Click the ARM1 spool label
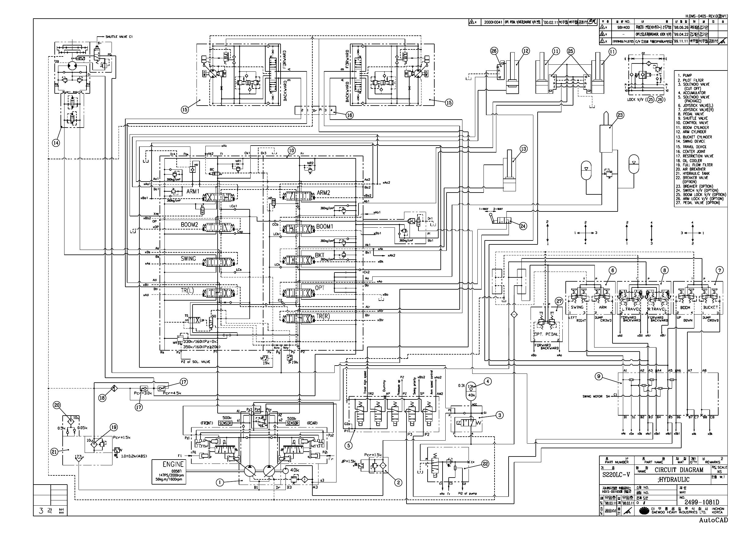(193, 191)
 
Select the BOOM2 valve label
(189, 225)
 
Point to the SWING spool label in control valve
(188, 258)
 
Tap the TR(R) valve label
(323, 316)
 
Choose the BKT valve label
(320, 255)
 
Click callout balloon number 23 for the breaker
(620, 115)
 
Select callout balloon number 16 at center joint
(350, 115)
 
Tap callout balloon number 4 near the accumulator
(487, 381)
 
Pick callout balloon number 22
(485, 464)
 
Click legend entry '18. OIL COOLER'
(690, 161)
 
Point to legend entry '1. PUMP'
(685, 75)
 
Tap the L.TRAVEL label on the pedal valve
(631, 309)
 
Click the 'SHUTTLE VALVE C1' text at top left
(119, 37)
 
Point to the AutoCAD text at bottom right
(713, 520)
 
